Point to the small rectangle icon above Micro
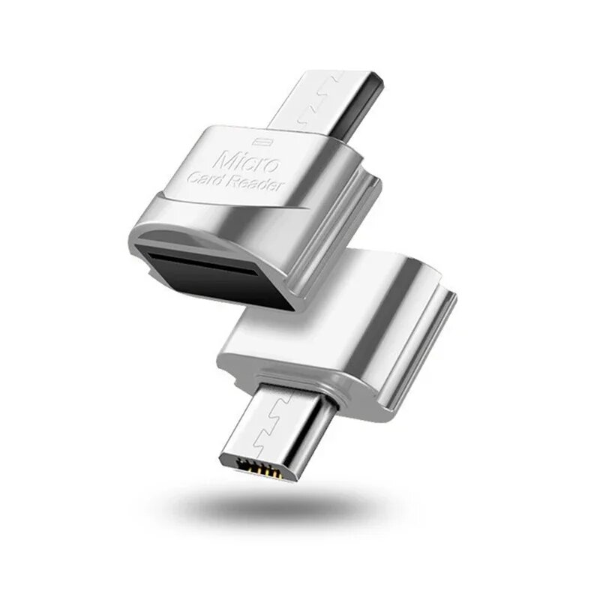[262, 140]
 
